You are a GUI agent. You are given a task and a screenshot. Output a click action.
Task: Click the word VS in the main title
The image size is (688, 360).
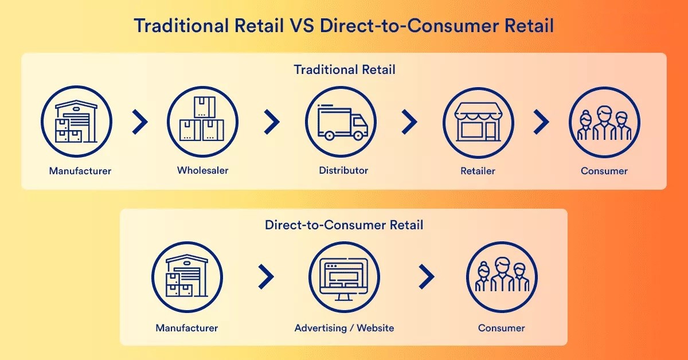(x=302, y=25)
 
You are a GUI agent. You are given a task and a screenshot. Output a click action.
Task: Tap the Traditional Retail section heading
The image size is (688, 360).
(x=345, y=70)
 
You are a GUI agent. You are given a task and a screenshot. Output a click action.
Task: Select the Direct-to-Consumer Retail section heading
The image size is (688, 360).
(x=344, y=225)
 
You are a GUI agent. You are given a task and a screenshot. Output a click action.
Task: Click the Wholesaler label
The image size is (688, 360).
(x=203, y=170)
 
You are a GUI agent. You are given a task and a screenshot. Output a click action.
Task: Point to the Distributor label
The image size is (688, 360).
(x=343, y=170)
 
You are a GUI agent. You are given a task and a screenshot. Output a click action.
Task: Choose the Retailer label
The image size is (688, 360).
(x=478, y=171)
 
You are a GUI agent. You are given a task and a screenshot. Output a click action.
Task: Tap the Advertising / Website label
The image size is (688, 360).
(x=345, y=328)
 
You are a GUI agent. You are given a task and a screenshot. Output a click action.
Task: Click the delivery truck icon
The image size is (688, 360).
(x=342, y=123)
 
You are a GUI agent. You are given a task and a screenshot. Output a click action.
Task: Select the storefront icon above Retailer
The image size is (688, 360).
(x=478, y=122)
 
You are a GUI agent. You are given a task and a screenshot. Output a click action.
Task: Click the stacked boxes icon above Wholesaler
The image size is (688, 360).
(x=202, y=119)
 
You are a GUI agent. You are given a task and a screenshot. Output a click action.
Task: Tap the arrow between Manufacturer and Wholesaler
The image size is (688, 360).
(x=140, y=122)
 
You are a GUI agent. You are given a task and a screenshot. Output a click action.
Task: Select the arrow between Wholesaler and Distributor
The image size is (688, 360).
(x=272, y=122)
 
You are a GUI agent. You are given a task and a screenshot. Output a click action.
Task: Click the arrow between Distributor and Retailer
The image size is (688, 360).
(x=409, y=122)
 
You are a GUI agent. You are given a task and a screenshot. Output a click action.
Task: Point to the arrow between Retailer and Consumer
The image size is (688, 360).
(x=541, y=122)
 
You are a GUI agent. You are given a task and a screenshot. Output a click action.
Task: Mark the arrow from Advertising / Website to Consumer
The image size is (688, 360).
(x=427, y=277)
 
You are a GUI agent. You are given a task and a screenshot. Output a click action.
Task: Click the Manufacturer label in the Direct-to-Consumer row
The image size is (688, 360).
(x=187, y=328)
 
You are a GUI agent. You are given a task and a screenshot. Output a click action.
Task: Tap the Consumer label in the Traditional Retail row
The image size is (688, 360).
(x=604, y=171)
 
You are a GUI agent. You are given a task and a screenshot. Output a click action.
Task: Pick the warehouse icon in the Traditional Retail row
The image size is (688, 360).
(x=76, y=122)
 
